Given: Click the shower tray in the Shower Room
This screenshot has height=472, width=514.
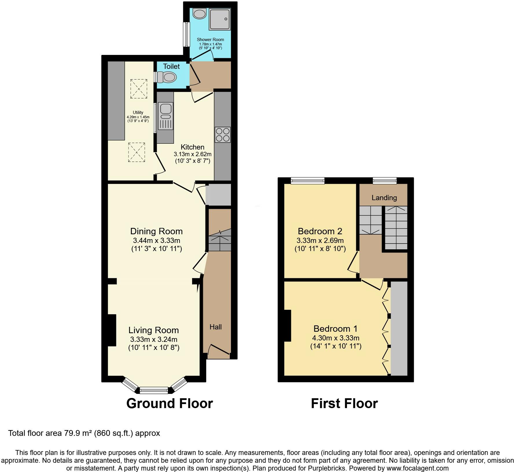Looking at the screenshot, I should click(220, 19).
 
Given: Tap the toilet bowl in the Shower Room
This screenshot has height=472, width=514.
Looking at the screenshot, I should click(199, 13).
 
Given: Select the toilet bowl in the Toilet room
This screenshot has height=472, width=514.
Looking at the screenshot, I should click(170, 77).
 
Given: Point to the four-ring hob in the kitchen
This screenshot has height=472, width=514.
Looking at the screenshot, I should click(223, 135).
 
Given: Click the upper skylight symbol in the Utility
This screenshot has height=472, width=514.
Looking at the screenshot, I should click(139, 89).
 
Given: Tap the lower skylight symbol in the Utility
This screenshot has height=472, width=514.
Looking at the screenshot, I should click(137, 152).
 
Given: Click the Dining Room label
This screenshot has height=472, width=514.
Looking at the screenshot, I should click(156, 231).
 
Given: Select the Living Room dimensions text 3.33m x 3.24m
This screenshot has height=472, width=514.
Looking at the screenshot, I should click(153, 339).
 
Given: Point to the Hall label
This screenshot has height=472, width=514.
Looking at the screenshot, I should click(216, 327).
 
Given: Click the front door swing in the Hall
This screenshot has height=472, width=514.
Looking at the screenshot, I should click(219, 349).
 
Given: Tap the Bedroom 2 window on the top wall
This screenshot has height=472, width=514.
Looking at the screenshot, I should click(308, 181).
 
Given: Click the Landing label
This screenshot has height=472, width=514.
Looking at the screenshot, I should click(384, 198).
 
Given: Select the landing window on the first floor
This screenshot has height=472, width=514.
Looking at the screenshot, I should click(384, 181).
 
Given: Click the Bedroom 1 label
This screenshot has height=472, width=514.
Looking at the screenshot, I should click(335, 329).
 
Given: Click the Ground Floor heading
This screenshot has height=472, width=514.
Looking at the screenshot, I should click(170, 403).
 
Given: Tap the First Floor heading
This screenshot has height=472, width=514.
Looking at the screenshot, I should click(344, 403).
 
